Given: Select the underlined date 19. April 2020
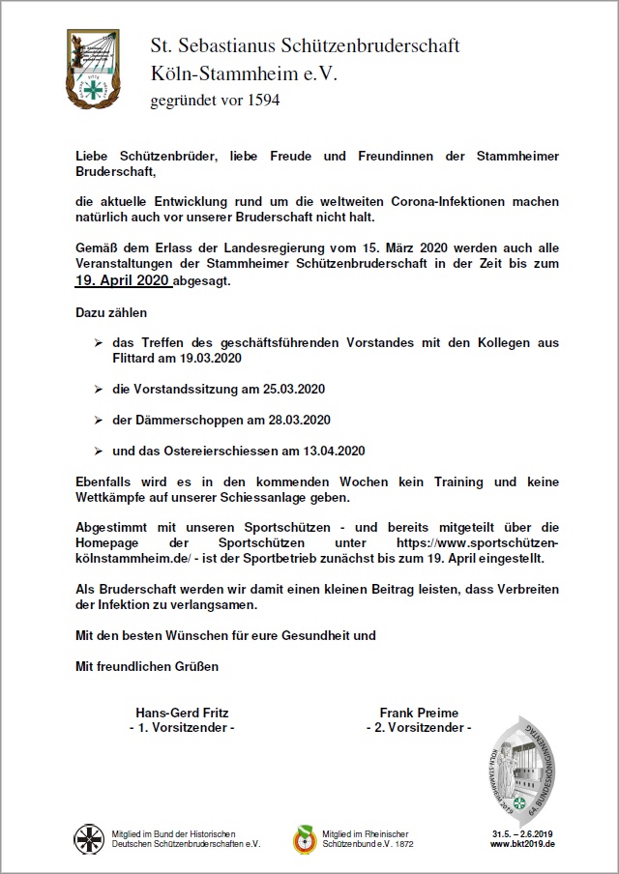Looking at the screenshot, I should [x=123, y=280].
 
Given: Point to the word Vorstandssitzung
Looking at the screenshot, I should [x=184, y=389].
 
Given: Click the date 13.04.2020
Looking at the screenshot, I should [x=331, y=451].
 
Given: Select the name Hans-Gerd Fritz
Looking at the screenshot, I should [x=181, y=713].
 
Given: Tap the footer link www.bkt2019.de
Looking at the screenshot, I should [x=522, y=844].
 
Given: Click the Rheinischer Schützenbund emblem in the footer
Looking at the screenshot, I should [x=305, y=838].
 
